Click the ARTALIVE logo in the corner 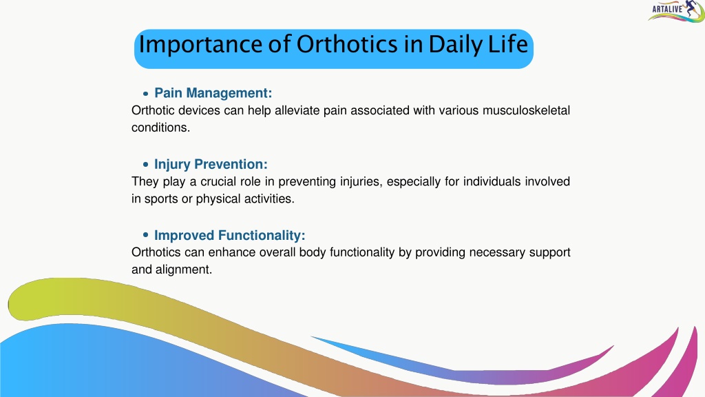click(x=676, y=11)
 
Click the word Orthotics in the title click(x=347, y=44)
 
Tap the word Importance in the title click(x=200, y=45)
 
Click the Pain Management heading click(x=213, y=93)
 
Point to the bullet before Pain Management click(x=145, y=94)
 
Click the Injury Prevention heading click(x=211, y=164)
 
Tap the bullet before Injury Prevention click(x=145, y=165)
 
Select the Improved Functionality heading click(x=230, y=236)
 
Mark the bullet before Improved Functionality click(x=145, y=235)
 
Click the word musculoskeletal click(x=526, y=110)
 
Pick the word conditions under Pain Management click(x=160, y=128)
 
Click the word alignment click(x=183, y=269)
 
